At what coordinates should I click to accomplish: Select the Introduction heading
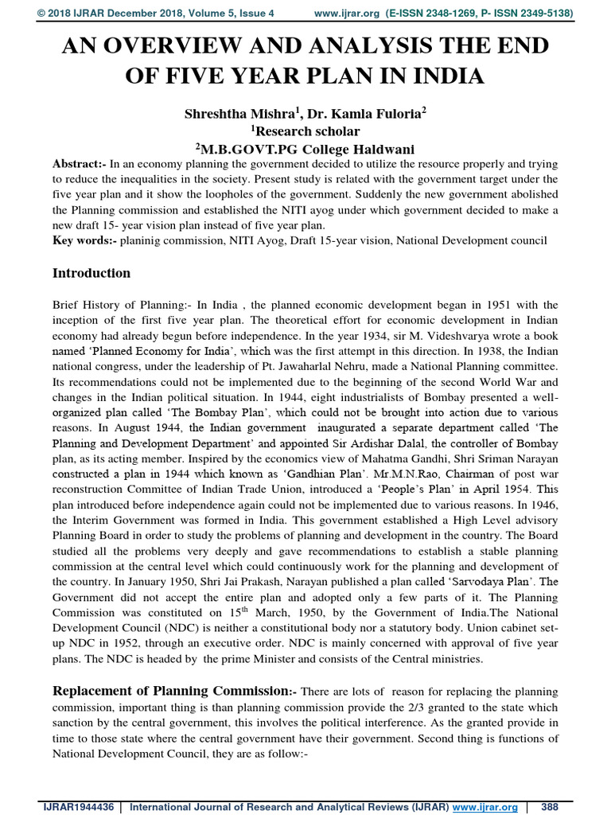tap(91, 274)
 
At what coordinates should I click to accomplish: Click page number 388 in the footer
tap(550, 807)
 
